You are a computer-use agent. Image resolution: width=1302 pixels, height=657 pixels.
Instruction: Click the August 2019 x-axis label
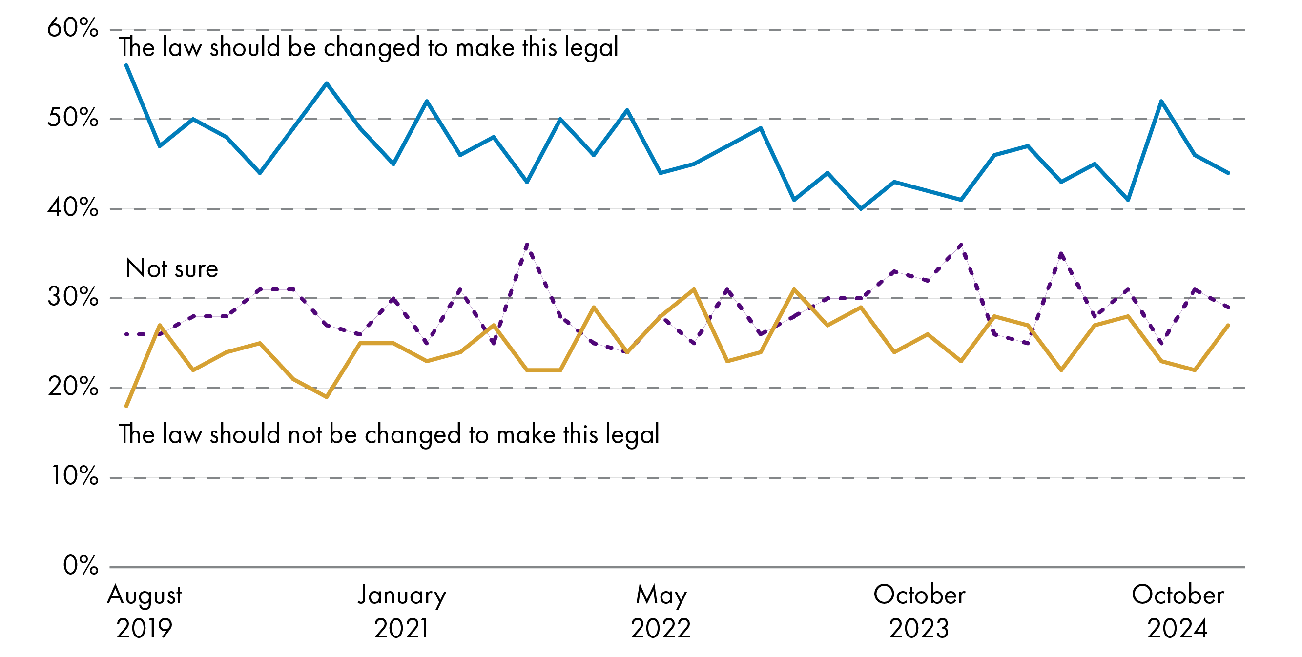(x=145, y=612)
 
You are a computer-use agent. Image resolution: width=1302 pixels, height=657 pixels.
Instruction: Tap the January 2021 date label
(x=402, y=612)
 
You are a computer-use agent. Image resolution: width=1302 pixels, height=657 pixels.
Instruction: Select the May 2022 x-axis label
(x=661, y=612)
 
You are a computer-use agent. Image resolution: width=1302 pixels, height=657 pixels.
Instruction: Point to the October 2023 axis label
(x=919, y=612)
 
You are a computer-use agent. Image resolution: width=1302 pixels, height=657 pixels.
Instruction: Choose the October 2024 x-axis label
(x=1178, y=612)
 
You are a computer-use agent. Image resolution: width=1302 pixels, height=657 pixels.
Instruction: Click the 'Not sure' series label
(x=172, y=268)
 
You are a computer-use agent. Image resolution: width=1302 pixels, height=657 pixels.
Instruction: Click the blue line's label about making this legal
(x=369, y=47)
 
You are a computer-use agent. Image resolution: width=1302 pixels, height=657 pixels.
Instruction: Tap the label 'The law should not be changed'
(x=389, y=434)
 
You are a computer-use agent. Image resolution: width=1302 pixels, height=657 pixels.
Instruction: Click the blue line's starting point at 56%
(x=126, y=65)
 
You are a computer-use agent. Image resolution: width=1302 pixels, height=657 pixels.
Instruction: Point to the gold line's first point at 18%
(x=126, y=406)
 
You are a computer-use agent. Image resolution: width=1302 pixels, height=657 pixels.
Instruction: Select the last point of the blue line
(x=1228, y=173)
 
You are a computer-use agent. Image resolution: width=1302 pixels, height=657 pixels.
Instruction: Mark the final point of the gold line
(x=1228, y=326)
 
